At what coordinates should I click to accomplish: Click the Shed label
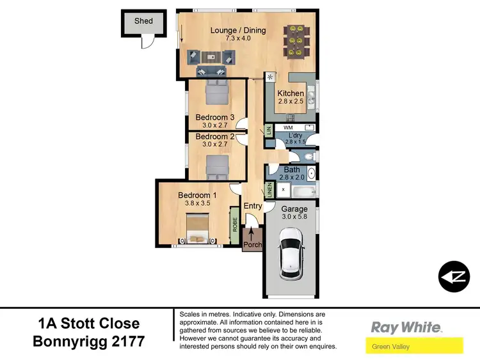point(143,20)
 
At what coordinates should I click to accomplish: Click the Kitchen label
point(291,93)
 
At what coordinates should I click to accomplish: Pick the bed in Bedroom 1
point(195,229)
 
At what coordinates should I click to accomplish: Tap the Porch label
point(252,245)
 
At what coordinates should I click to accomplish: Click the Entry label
point(252,206)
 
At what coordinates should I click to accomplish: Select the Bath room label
point(292,170)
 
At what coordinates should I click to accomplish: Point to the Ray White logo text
point(406,327)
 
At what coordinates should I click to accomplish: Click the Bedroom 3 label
point(215,117)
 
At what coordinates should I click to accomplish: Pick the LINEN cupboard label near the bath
point(269,190)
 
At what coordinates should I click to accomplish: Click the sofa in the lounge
point(211,58)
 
